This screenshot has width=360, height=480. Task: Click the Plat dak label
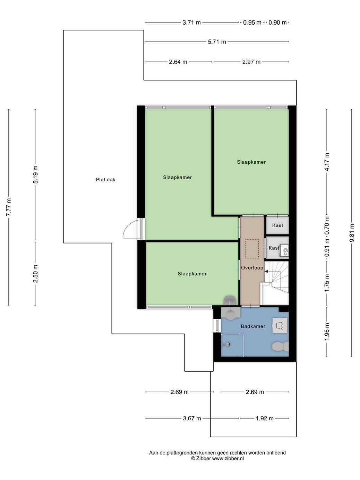105,180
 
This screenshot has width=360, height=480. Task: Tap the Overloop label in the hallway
252,268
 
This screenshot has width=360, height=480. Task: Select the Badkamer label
253,326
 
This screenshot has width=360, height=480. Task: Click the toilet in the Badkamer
280,346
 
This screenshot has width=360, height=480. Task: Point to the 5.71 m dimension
217,42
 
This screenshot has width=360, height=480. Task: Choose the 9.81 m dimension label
351,233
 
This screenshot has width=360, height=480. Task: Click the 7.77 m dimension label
9,207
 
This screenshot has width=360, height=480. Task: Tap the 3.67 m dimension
192,419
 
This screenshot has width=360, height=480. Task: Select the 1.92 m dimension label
265,419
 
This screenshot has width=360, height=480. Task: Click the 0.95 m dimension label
252,23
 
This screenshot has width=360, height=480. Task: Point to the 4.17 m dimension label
327,162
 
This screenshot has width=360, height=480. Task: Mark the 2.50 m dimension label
35,274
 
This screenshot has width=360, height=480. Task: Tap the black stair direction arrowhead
266,272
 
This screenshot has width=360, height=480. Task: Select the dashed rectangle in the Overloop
251,249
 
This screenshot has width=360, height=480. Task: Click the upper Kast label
277,225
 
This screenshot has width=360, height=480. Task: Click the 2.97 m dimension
251,62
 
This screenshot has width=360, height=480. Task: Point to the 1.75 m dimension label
327,283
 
